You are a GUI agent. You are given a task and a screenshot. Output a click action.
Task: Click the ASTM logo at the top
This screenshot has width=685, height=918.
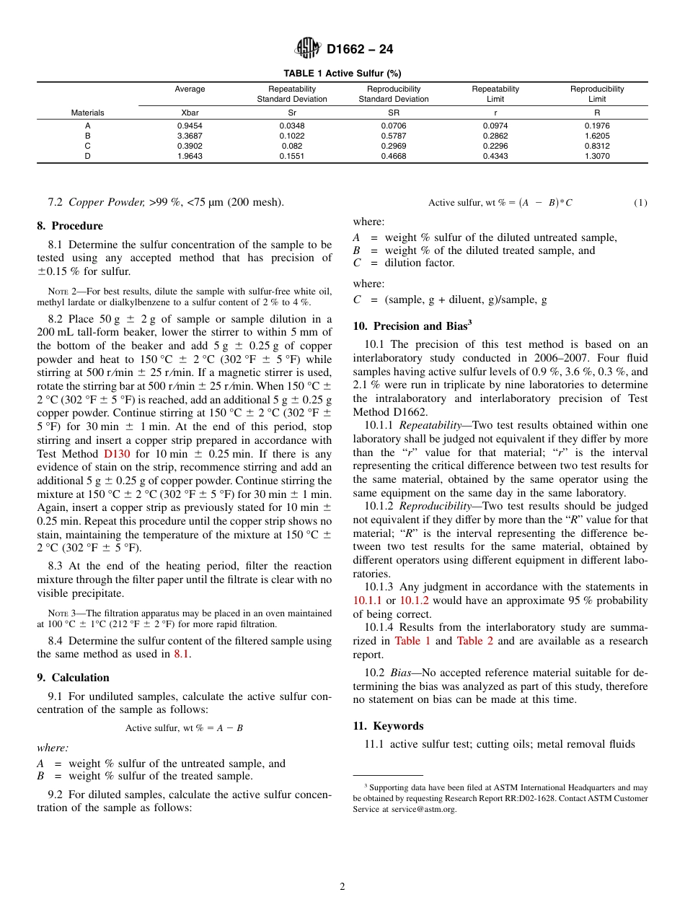click(309, 49)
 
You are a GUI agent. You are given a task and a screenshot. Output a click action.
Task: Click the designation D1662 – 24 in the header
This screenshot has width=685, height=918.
click(360, 50)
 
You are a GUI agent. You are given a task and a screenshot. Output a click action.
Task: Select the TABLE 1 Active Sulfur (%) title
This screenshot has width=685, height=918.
click(342, 74)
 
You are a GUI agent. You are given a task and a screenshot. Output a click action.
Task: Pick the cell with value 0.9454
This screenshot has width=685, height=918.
click(190, 126)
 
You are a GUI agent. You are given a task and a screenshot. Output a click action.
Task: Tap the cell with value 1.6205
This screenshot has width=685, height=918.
click(597, 136)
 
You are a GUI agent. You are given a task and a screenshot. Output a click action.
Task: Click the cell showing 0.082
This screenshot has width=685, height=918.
click(292, 146)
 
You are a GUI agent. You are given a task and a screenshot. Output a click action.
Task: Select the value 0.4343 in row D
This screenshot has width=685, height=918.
click(495, 156)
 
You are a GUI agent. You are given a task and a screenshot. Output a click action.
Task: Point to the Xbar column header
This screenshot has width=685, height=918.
click(190, 113)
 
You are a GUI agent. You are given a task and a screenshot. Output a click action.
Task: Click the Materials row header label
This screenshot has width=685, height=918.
click(87, 113)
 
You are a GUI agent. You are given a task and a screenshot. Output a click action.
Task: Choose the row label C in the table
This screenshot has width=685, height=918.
click(87, 146)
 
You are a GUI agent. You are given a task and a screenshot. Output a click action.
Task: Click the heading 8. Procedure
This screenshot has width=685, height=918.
click(70, 226)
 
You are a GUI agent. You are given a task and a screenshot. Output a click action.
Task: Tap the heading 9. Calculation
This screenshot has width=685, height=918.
click(73, 678)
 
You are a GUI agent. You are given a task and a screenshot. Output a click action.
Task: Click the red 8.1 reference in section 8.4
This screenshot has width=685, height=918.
click(182, 654)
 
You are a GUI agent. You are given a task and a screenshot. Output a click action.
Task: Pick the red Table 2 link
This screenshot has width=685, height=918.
click(474, 641)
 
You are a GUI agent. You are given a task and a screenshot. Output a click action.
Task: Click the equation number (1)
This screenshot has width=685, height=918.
click(640, 203)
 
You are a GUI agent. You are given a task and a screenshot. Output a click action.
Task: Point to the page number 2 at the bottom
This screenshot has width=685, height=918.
click(342, 887)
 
